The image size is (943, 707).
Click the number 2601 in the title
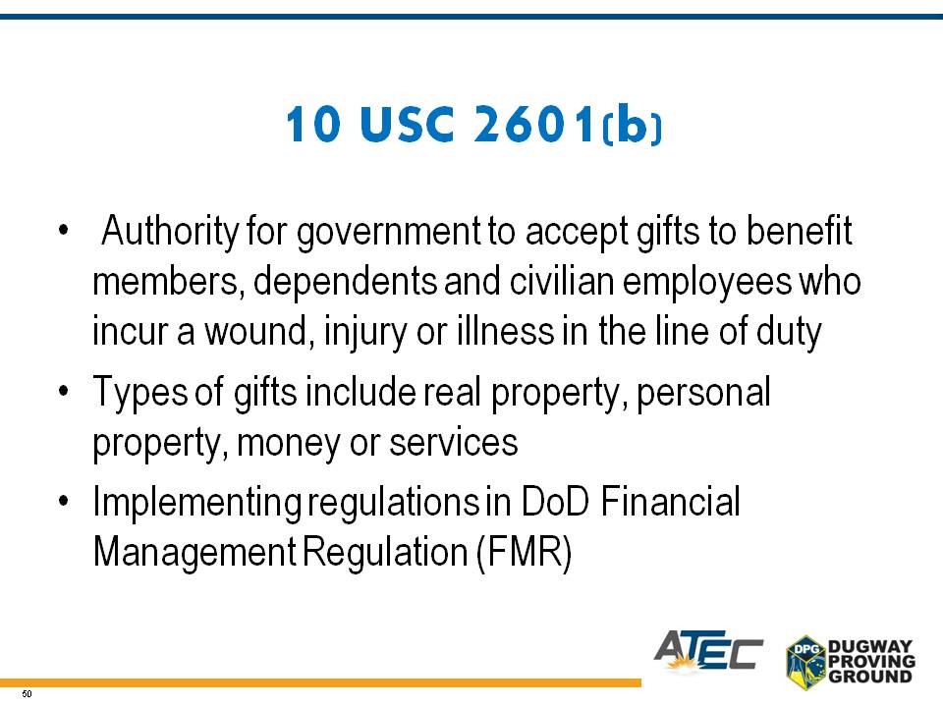tap(533, 124)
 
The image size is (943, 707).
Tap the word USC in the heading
tap(406, 124)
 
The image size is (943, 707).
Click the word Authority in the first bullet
tap(170, 232)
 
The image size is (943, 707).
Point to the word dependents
tap(346, 283)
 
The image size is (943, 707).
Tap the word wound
tap(256, 332)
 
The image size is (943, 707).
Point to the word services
tap(454, 443)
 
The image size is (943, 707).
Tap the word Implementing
tap(196, 503)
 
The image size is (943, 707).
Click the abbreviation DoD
tap(555, 502)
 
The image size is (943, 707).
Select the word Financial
tap(671, 502)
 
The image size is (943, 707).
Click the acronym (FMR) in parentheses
tap(524, 553)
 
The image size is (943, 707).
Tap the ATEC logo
tap(708, 650)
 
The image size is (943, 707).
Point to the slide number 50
tap(27, 694)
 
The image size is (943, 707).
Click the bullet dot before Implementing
tap(64, 501)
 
